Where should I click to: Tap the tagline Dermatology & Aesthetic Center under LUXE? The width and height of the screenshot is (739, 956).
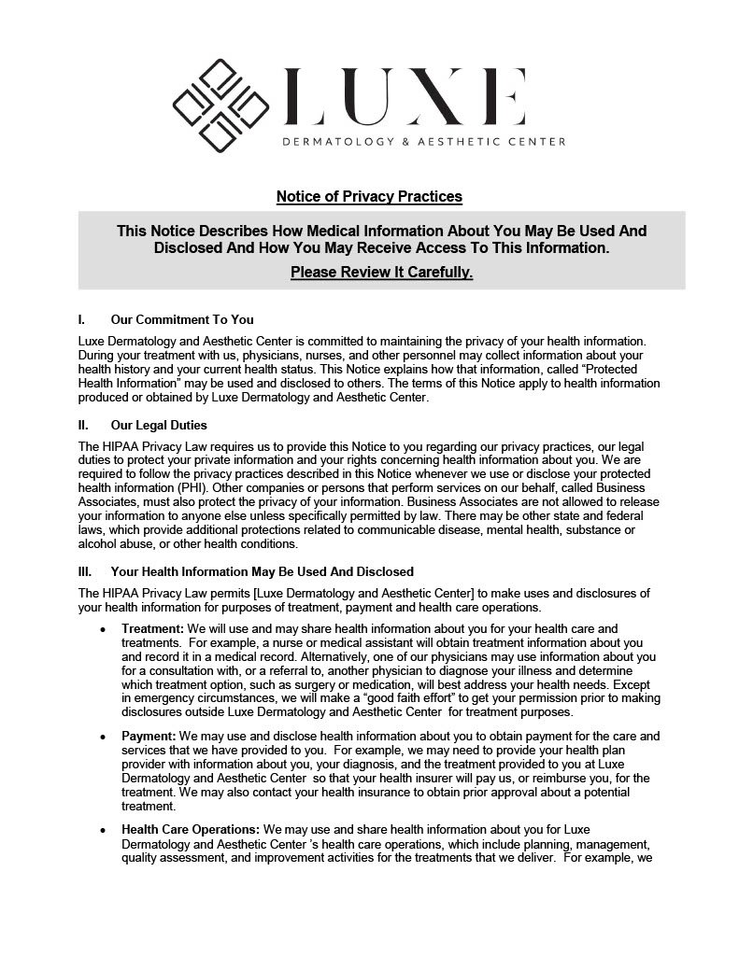[x=424, y=142]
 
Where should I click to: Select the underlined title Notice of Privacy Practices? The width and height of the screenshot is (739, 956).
[x=369, y=197]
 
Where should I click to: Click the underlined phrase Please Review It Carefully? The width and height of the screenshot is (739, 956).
[x=381, y=273]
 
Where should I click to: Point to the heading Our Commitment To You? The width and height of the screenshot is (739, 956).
[x=181, y=319]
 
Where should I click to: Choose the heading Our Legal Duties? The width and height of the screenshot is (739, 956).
[x=158, y=426]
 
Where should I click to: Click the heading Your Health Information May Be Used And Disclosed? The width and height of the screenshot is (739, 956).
[x=262, y=571]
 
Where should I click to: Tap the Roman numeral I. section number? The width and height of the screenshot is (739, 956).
[x=82, y=319]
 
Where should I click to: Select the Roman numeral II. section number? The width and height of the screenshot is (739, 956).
[x=84, y=426]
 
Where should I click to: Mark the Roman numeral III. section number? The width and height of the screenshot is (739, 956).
[x=85, y=571]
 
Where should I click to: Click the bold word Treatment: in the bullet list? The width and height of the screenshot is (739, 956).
[x=153, y=629]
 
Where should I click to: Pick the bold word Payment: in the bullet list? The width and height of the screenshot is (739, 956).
[x=149, y=737]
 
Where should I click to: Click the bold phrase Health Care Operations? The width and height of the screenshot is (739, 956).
[x=191, y=829]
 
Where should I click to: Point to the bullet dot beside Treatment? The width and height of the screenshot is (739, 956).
[x=102, y=630]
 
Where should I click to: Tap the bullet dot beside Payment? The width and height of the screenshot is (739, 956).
[x=102, y=738]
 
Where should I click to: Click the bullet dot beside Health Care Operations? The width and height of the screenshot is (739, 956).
[x=102, y=830]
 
